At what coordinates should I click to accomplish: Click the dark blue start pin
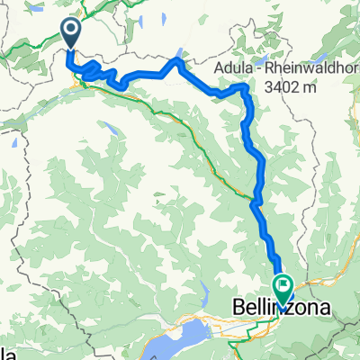(71, 34)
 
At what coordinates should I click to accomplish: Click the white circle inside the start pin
(71, 30)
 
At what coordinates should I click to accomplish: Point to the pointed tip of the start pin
(71, 50)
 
